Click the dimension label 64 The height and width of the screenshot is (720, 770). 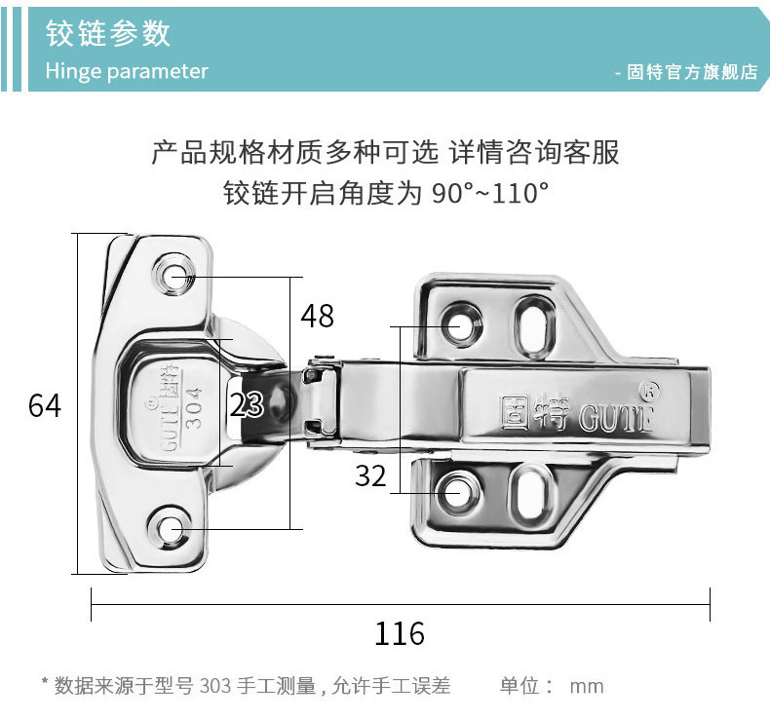45,405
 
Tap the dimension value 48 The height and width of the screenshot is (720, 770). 317,316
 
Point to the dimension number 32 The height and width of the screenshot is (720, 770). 370,476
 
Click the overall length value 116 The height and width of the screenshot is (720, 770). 400,634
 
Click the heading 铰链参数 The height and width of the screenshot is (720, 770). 108,34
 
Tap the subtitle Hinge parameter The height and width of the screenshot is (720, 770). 127,71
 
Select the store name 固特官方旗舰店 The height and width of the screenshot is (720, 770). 692,73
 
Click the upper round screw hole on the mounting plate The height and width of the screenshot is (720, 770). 461,325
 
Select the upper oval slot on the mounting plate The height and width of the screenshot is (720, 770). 533,322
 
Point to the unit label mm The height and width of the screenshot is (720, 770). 587,686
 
